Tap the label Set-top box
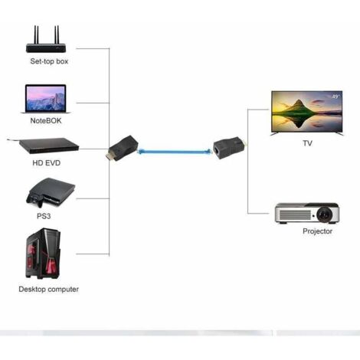coord(49,61)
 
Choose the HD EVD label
coord(47,163)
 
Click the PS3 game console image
coord(48,192)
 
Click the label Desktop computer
coord(49,290)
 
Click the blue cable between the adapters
coord(174,151)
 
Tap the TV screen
coord(306,113)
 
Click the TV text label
coord(307,143)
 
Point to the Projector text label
coord(318,231)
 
